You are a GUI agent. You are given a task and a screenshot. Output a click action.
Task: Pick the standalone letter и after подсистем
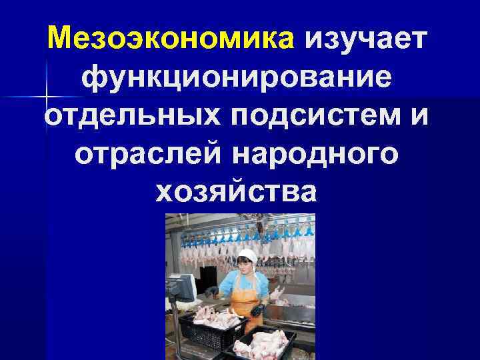419,117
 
